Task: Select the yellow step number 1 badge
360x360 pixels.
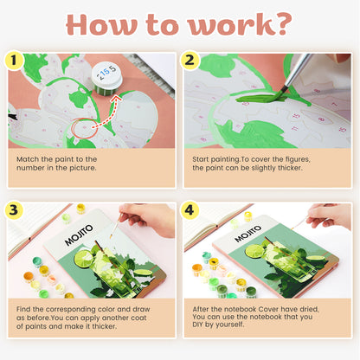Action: (x=14, y=61)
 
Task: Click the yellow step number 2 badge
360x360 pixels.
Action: (x=191, y=61)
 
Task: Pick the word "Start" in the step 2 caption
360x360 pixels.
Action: (x=203, y=159)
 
